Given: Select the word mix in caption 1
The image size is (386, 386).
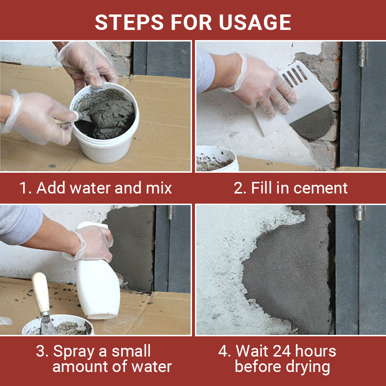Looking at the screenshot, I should pyautogui.click(x=158, y=188).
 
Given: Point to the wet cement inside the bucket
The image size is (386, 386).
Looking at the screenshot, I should pyautogui.click(x=109, y=113).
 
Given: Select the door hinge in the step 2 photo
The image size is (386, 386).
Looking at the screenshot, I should pyautogui.click(x=362, y=54).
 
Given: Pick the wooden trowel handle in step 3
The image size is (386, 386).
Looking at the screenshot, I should pyautogui.click(x=41, y=292).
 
